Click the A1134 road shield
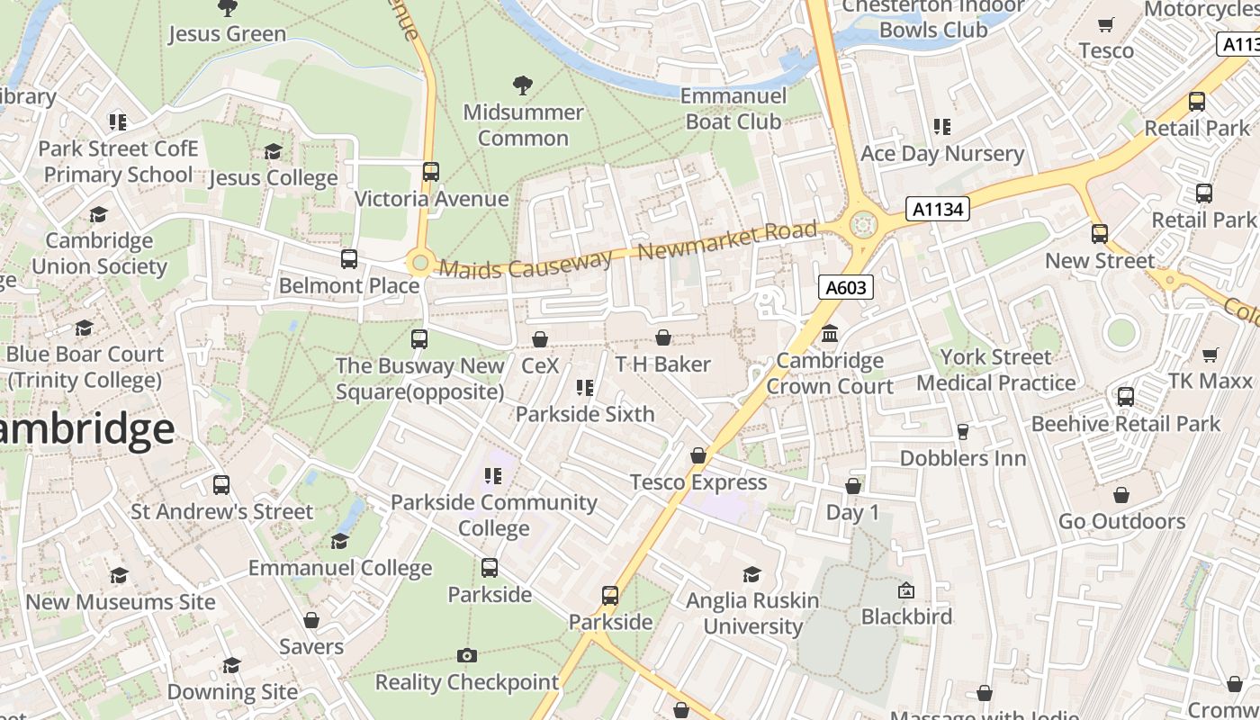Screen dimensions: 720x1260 [938, 210]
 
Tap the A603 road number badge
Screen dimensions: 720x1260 [846, 287]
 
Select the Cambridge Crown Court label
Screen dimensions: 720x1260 [830, 373]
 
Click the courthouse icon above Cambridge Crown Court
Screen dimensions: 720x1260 [830, 334]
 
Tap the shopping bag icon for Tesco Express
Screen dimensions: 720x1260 [698, 456]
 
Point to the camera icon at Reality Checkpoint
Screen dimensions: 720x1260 [466, 655]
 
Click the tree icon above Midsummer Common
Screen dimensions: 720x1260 [522, 85]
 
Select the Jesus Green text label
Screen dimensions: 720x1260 [227, 34]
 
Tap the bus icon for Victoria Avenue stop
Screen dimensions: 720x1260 [431, 171]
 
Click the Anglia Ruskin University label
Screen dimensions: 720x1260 [752, 613]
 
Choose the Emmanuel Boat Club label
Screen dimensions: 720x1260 [733, 108]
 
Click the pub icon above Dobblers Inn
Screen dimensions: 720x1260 [963, 432]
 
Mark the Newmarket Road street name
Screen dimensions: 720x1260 [727, 241]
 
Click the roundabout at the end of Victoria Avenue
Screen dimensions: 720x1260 [419, 263]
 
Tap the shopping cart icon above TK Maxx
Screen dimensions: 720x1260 [1210, 355]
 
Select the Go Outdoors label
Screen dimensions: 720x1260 [1121, 521]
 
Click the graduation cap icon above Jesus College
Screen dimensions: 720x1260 [273, 151]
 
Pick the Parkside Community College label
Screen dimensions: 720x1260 [493, 515]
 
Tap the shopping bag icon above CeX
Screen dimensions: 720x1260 [540, 339]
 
